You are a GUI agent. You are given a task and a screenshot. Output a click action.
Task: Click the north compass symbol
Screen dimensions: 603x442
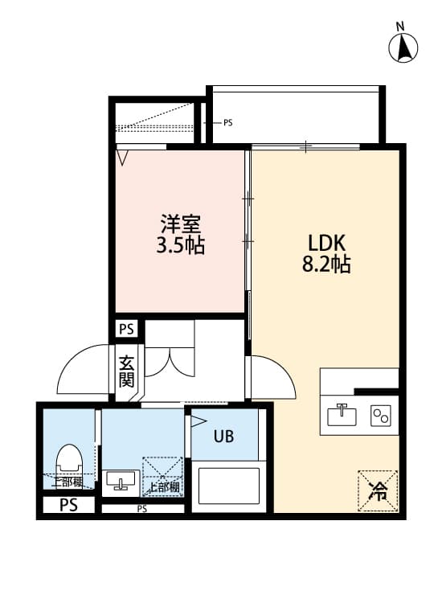pos(404,48)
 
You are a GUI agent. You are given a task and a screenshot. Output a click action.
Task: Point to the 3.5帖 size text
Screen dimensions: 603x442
pos(180,245)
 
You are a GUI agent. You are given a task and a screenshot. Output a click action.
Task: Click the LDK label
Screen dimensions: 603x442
pos(326,242)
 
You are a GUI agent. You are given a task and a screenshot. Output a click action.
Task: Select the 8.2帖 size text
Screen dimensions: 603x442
pos(326,265)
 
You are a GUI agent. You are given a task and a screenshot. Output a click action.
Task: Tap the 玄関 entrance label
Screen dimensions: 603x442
pos(126,371)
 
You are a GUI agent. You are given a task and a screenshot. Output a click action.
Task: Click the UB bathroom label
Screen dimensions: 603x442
pos(223,437)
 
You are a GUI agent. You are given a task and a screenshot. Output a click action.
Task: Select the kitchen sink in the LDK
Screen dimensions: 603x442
pos(342,415)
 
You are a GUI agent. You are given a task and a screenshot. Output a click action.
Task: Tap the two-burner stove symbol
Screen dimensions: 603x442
pos(379,415)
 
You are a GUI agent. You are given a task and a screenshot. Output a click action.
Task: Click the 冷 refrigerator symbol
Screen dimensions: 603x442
pos(377,490)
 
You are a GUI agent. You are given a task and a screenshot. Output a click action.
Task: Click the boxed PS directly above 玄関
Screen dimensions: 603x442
pos(126,329)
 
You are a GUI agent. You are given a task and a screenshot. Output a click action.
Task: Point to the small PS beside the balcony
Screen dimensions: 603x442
pos(227,123)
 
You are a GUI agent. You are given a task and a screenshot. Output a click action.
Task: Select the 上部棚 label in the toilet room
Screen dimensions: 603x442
pos(69,482)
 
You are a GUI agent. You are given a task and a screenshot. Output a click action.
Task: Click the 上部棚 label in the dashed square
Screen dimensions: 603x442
pos(163,487)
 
